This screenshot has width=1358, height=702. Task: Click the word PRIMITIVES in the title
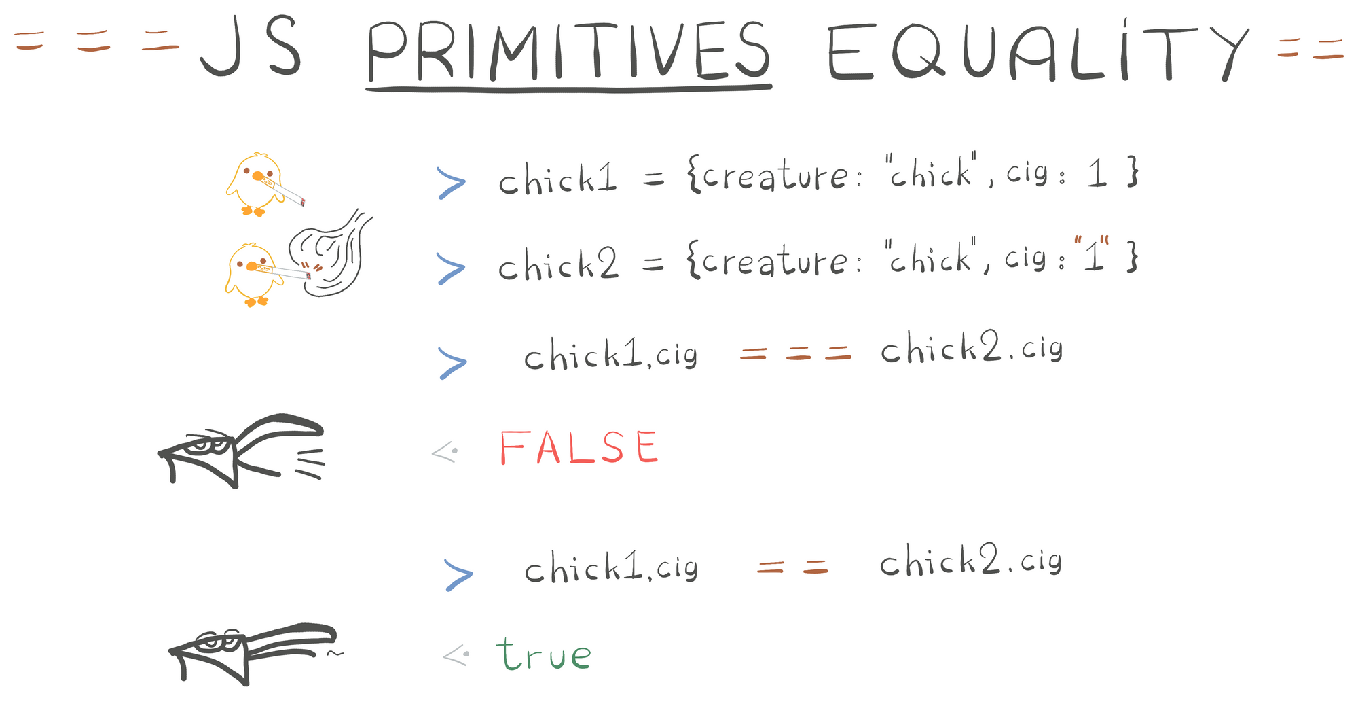click(x=569, y=52)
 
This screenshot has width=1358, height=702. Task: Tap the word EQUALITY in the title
click(x=1038, y=51)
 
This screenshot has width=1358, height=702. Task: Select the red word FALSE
click(x=579, y=447)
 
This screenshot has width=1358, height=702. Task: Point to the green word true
click(x=543, y=654)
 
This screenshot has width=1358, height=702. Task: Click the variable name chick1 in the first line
click(x=557, y=179)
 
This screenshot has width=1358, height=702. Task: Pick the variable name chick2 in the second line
click(x=558, y=264)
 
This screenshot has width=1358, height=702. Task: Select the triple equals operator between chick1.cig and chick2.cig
click(x=795, y=353)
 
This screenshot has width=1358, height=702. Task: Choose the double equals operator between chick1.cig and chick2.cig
click(x=792, y=567)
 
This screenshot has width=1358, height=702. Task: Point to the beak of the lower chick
click(x=252, y=266)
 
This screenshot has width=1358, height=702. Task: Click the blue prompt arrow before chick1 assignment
click(x=451, y=183)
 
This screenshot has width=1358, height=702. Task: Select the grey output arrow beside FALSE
click(x=445, y=451)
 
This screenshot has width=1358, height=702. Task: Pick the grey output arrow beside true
click(x=456, y=655)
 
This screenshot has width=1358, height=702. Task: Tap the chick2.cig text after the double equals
click(x=970, y=561)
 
